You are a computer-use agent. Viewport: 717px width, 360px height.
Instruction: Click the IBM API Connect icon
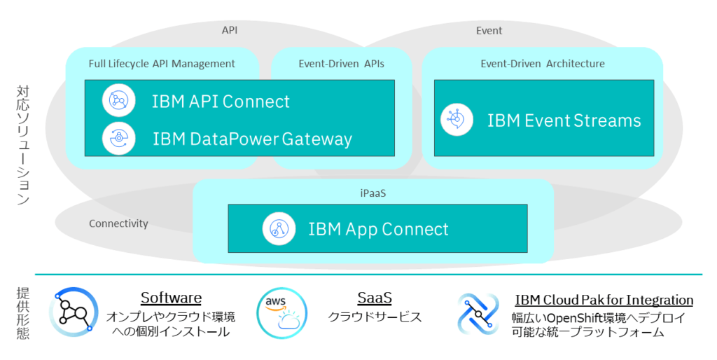pyautogui.click(x=119, y=101)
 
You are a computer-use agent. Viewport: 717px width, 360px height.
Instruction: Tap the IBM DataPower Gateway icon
pyautogui.click(x=119, y=138)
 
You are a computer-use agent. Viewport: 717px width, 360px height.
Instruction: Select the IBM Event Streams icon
pyautogui.click(x=457, y=119)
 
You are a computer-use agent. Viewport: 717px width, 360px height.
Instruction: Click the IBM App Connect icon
pyautogui.click(x=279, y=228)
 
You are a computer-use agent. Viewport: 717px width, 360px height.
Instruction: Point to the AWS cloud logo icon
pyautogui.click(x=281, y=312)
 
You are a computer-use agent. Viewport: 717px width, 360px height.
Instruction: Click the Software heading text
pyautogui.click(x=171, y=298)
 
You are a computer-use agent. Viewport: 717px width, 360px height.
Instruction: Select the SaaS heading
pyautogui.click(x=375, y=298)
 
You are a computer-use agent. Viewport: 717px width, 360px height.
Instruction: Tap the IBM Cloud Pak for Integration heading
pyautogui.click(x=604, y=300)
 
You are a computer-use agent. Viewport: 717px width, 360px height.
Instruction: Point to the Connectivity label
pyautogui.click(x=118, y=223)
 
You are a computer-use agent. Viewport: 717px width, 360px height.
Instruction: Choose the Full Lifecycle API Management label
pyautogui.click(x=162, y=64)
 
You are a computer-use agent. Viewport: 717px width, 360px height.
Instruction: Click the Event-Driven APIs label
pyautogui.click(x=341, y=64)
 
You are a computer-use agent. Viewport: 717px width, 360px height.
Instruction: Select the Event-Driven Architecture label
pyautogui.click(x=542, y=64)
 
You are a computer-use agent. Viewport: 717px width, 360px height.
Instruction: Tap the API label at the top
pyautogui.click(x=230, y=30)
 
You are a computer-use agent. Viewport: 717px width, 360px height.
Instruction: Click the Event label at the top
pyautogui.click(x=489, y=30)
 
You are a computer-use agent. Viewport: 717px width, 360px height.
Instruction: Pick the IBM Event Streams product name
pyautogui.click(x=564, y=120)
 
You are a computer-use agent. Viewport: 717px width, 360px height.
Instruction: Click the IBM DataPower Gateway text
pyautogui.click(x=252, y=139)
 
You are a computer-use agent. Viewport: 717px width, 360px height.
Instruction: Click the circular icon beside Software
pyautogui.click(x=74, y=312)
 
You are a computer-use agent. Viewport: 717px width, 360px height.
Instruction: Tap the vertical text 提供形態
pyautogui.click(x=22, y=312)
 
